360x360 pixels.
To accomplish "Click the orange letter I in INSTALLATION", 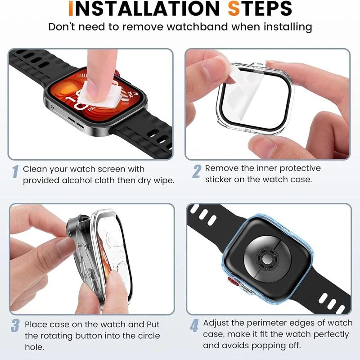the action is coord(71,9).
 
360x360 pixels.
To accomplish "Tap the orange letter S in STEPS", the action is coord(234,9).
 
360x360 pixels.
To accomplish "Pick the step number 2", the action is coord(197,171).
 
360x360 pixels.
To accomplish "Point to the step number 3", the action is coord(15,325).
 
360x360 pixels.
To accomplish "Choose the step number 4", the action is coord(194,325).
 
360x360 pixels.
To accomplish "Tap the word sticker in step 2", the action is coord(218,179).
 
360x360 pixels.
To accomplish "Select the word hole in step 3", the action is coord(34,346).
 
